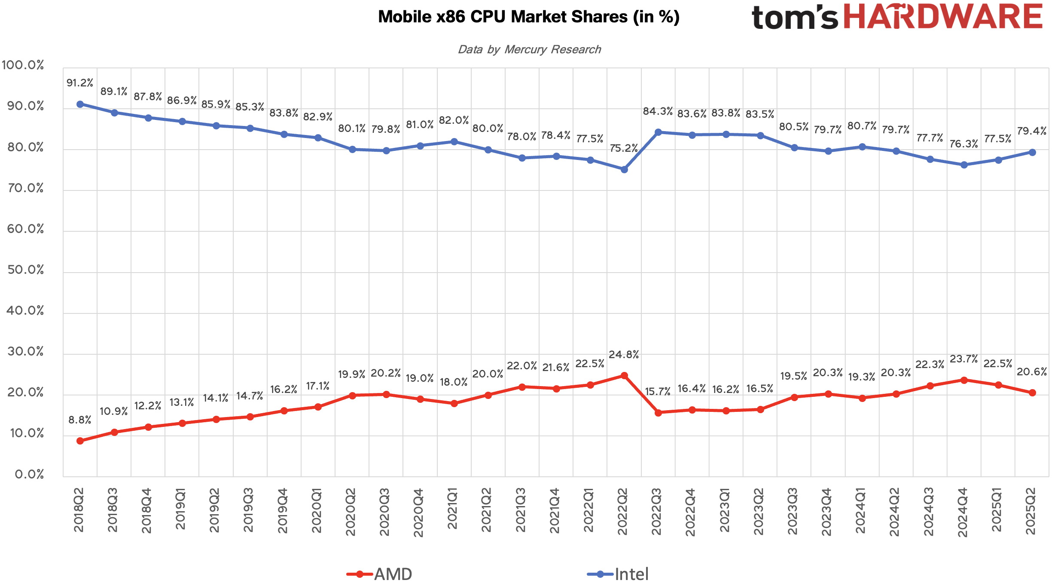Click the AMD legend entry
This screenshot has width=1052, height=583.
[x=380, y=574]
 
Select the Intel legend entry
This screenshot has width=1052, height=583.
[x=618, y=574]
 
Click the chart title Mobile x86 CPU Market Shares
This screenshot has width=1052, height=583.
[x=528, y=17]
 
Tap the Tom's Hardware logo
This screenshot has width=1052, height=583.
[x=897, y=17]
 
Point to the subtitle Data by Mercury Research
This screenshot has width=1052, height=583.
[x=529, y=49]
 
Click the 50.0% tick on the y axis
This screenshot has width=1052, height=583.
[x=26, y=270]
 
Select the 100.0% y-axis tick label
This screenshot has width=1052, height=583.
[x=23, y=65]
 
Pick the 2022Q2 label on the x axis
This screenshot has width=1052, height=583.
[x=623, y=511]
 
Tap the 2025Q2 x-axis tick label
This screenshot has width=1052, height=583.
[x=1031, y=511]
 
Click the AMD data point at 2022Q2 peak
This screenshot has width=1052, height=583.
[x=624, y=376]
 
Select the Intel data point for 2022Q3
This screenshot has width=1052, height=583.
[x=658, y=132]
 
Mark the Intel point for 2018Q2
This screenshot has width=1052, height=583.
[x=80, y=104]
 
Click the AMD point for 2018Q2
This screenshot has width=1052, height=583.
[x=80, y=441]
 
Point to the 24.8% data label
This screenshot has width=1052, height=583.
[x=624, y=355]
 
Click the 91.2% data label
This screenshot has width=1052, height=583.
[x=80, y=83]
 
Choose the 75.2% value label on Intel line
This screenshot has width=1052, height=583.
[x=624, y=148]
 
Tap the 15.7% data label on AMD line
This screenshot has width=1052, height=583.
[x=658, y=392]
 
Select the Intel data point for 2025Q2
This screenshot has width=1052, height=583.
[x=1032, y=152]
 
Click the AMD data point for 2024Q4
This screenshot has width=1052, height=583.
[x=964, y=380]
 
